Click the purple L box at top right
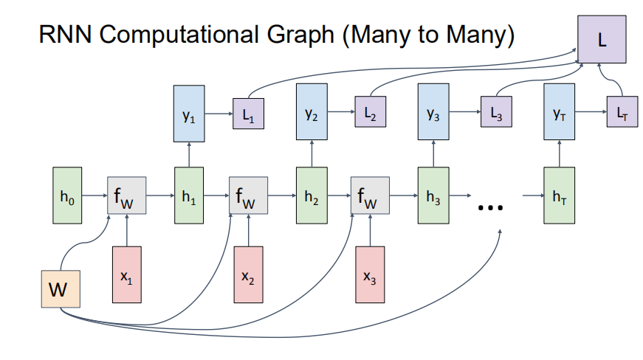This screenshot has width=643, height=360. click(602, 38)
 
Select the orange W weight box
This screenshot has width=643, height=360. click(61, 289)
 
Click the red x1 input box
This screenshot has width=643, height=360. click(128, 274)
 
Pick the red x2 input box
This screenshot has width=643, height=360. click(249, 274)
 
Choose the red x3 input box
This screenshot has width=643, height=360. click(371, 274)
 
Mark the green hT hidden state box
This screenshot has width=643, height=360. click(558, 195)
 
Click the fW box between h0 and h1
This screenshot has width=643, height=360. click(127, 195)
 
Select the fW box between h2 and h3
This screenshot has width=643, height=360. click(371, 195)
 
